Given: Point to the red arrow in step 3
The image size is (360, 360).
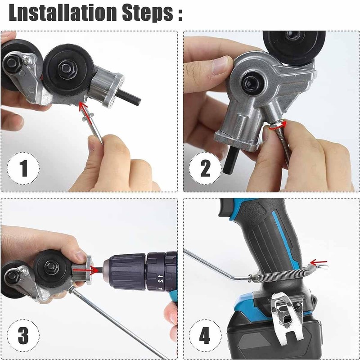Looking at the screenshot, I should click(92, 270).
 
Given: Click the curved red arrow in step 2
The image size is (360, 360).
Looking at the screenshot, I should click(274, 128).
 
